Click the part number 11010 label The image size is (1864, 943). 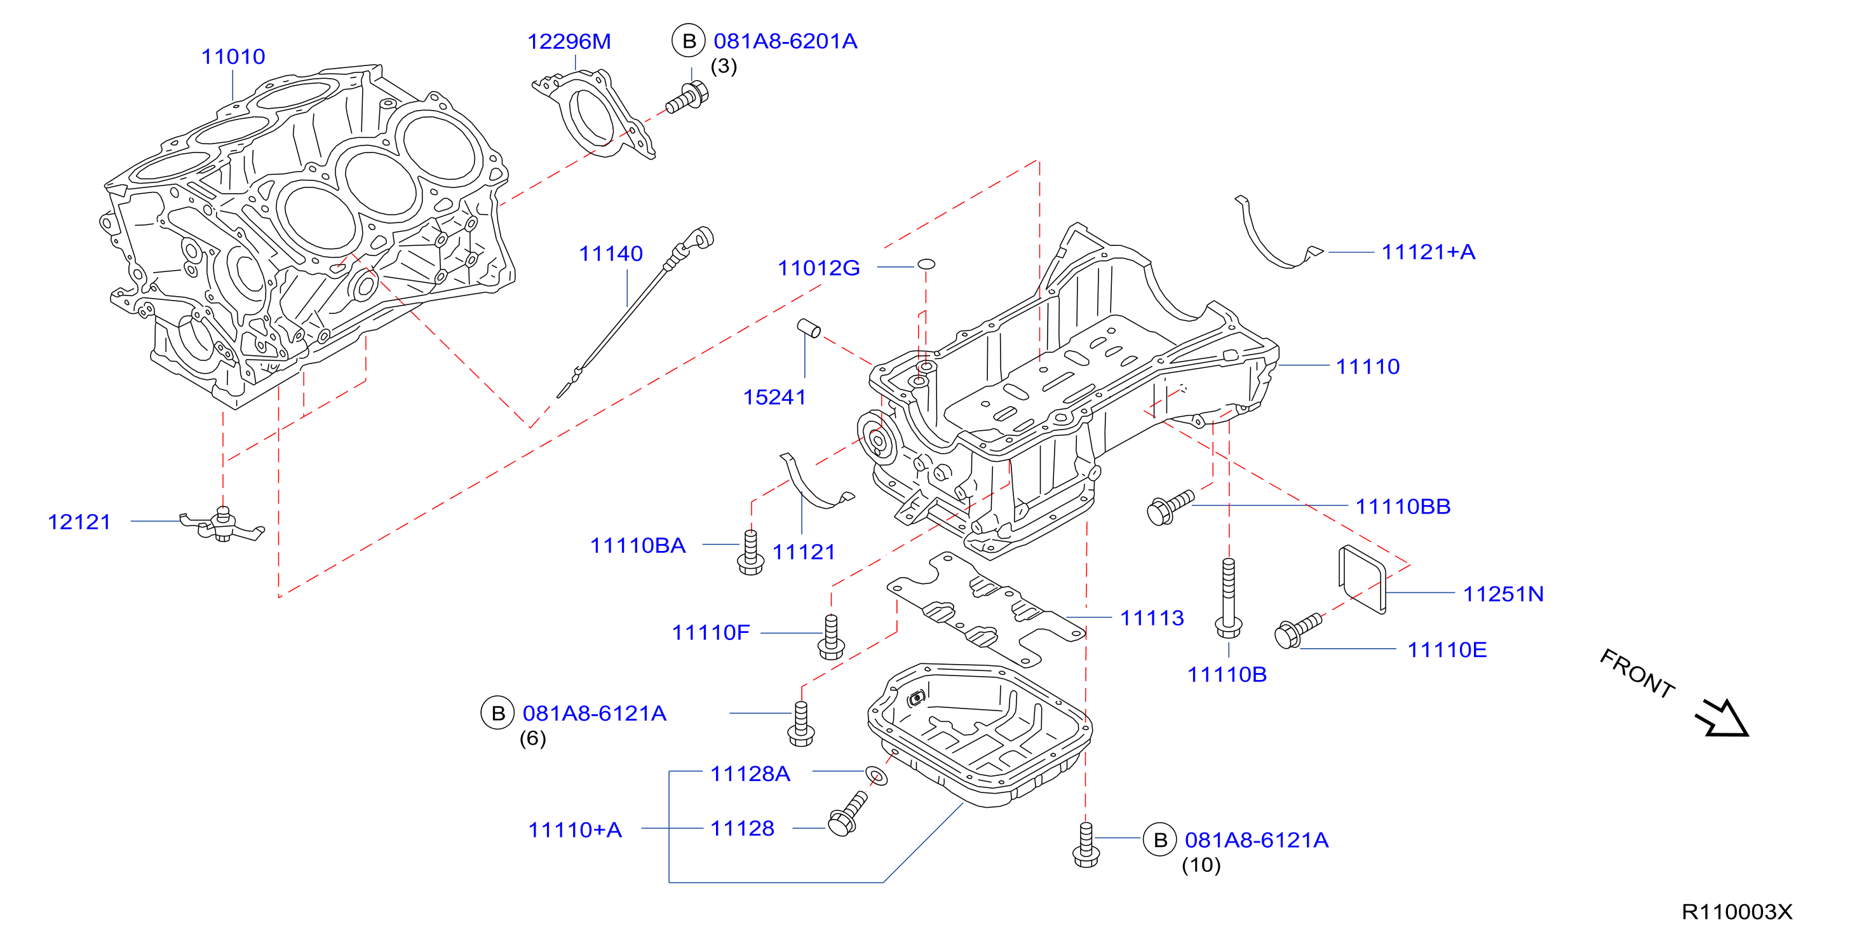233,57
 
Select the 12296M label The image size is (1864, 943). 569,42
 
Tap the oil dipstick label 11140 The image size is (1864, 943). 611,254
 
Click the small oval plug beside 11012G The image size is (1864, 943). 926,264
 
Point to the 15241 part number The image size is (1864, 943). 774,397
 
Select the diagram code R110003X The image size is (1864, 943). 1737,912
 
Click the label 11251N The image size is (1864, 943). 1503,594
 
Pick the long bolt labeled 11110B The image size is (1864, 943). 1229,598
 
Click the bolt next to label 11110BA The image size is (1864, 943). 750,552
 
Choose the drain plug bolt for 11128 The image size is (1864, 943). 848,814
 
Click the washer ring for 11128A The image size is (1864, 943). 877,777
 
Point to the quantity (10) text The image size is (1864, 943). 1201,865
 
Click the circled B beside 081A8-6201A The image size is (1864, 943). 689,41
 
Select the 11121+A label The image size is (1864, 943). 1428,252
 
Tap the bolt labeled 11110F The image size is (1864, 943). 831,637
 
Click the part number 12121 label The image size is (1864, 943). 79,522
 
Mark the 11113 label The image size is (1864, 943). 1152,618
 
